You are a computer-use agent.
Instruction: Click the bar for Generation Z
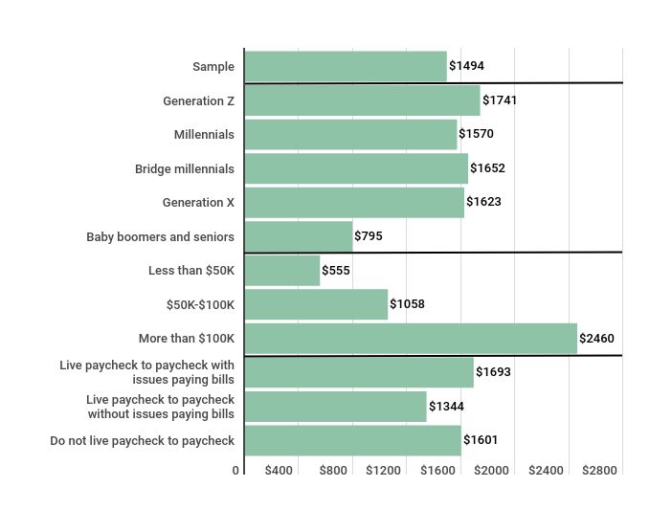(362, 100)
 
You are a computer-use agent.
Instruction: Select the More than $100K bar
(411, 339)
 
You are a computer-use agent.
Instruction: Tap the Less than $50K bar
(281, 271)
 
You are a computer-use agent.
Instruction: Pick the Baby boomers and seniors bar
(298, 236)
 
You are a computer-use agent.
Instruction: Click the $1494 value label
(466, 66)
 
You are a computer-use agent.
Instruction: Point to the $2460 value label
(597, 339)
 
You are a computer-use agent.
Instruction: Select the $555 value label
(336, 271)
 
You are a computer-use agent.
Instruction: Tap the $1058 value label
(407, 304)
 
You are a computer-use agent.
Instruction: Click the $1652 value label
(487, 168)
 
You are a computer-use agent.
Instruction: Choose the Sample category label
(213, 66)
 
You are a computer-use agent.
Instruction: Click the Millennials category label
(204, 135)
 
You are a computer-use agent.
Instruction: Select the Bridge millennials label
(184, 168)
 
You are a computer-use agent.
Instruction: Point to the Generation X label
(198, 203)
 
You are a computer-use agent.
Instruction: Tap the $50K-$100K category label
(200, 304)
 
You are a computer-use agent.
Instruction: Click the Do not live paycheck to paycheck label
(142, 441)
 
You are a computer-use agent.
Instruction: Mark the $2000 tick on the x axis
(492, 471)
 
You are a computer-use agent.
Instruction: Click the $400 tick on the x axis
(279, 471)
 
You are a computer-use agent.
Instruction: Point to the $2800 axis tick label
(600, 471)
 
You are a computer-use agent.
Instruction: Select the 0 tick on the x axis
(235, 471)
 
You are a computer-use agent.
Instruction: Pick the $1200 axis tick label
(384, 471)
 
